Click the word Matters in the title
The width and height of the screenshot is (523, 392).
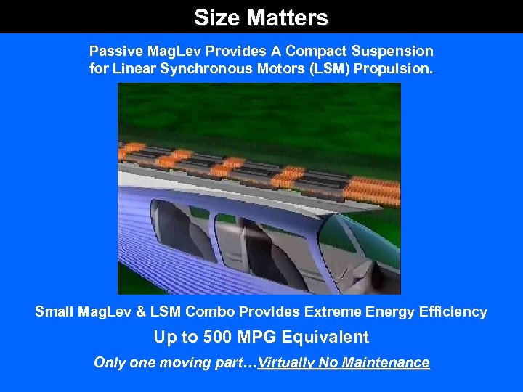coord(288,17)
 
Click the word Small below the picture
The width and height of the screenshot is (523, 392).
coord(54,312)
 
